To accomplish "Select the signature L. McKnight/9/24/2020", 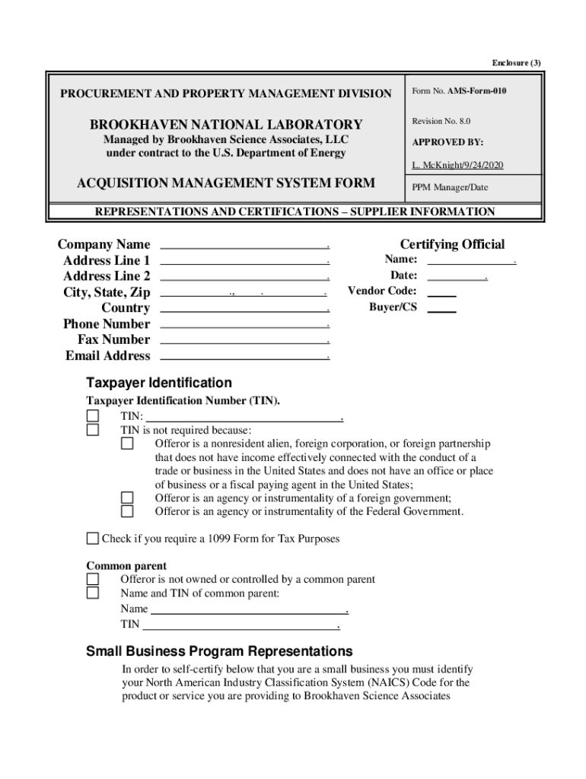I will coord(457,165).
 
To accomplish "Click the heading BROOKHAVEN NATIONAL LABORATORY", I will coord(226,125).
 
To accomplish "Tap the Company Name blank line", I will coord(244,246).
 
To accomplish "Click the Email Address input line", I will coord(244,356).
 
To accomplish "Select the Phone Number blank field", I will coord(244,324).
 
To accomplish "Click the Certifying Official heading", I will coord(452,244).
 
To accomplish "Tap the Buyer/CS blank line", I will coord(442,309).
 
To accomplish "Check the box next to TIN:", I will coord(93,416).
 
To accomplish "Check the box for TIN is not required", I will coord(93,430).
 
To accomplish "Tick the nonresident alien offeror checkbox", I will coord(127,444).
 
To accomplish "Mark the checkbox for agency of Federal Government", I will coord(127,511).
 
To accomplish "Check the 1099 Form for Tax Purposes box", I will coord(93,539).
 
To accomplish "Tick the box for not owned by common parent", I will coord(93,580).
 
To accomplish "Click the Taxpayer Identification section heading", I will coord(158,383).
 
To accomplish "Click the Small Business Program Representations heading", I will coord(219,651).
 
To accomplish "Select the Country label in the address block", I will coord(126,308).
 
